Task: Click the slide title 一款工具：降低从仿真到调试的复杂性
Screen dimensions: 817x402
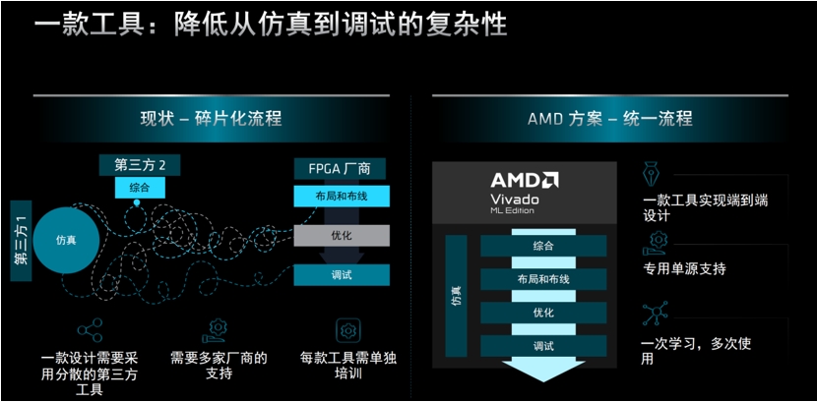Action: click(271, 24)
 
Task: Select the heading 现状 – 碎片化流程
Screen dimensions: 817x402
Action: click(211, 119)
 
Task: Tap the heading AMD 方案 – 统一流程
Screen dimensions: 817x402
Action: click(610, 119)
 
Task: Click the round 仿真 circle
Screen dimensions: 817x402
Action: click(66, 240)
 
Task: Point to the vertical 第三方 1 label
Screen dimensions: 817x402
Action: click(21, 241)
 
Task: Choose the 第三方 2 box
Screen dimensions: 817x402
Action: click(140, 165)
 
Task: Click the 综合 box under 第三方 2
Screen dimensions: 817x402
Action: click(140, 188)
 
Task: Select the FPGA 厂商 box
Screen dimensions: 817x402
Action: click(340, 169)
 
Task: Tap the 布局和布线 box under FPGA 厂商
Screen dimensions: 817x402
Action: click(342, 196)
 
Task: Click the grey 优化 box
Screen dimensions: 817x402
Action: click(342, 236)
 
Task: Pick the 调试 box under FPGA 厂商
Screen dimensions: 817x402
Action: click(342, 275)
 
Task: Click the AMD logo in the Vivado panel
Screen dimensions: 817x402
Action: click(525, 180)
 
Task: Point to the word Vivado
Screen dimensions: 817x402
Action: click(515, 199)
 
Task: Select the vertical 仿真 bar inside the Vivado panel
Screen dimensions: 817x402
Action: click(457, 296)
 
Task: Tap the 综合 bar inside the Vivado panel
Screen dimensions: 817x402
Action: click(543, 246)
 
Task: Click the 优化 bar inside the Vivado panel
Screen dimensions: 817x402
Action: click(543, 313)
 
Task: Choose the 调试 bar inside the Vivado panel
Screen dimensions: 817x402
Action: click(543, 346)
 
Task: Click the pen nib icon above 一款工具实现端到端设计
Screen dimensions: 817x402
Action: click(651, 174)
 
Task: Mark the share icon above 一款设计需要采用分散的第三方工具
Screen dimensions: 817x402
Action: click(91, 329)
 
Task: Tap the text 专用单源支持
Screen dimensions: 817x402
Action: click(685, 269)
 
